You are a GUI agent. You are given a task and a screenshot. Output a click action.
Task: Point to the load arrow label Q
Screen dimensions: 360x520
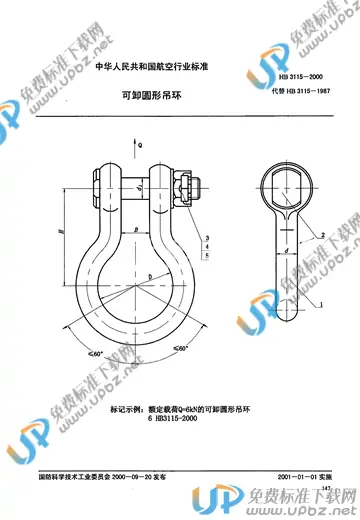tap(140, 145)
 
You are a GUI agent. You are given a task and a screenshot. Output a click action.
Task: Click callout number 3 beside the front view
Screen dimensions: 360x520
tap(206, 235)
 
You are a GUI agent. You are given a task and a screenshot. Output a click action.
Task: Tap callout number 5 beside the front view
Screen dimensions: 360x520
tap(206, 256)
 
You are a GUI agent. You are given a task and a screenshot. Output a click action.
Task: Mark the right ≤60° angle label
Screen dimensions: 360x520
tap(180, 347)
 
